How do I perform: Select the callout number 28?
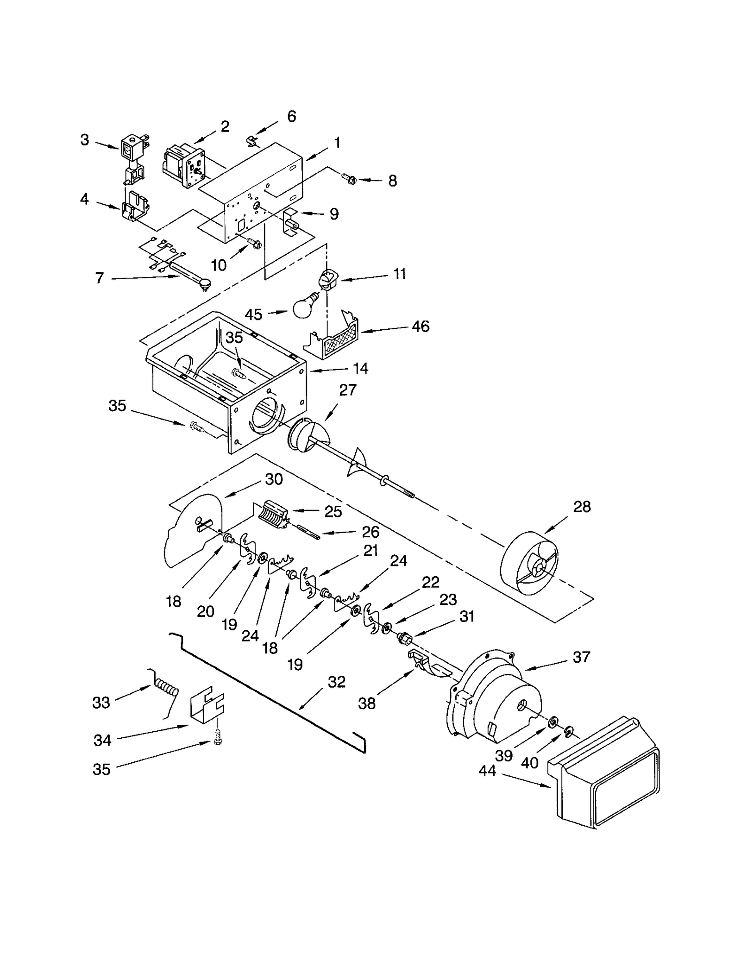[x=582, y=507]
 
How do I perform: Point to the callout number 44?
[x=487, y=771]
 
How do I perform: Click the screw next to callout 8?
[x=348, y=178]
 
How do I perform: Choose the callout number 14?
[x=361, y=368]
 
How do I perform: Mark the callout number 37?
[x=581, y=657]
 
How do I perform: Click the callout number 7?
[x=100, y=278]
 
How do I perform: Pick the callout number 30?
[x=274, y=479]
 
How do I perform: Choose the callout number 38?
[x=367, y=703]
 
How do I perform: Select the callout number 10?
[x=219, y=265]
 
